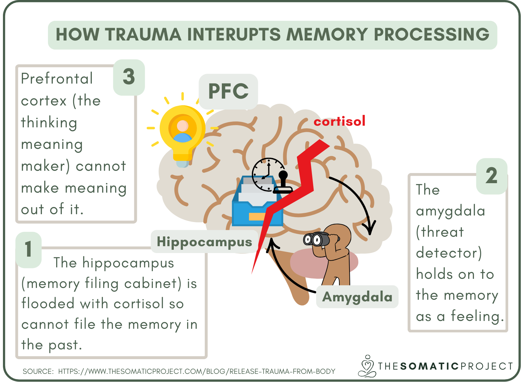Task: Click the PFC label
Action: coord(228,91)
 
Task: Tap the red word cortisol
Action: coord(339,121)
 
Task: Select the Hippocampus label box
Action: coord(204,242)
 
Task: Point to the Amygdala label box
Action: coord(357,297)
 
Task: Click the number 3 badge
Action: coord(129,77)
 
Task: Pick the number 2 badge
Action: coord(491,176)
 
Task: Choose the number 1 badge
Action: coord(29,249)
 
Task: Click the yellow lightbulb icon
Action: coord(182,134)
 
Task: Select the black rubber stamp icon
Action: coord(283,183)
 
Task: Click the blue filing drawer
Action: coord(256,206)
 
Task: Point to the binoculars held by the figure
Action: coord(316,239)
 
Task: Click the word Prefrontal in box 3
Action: coord(57,79)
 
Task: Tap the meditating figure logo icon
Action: coord(367,366)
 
